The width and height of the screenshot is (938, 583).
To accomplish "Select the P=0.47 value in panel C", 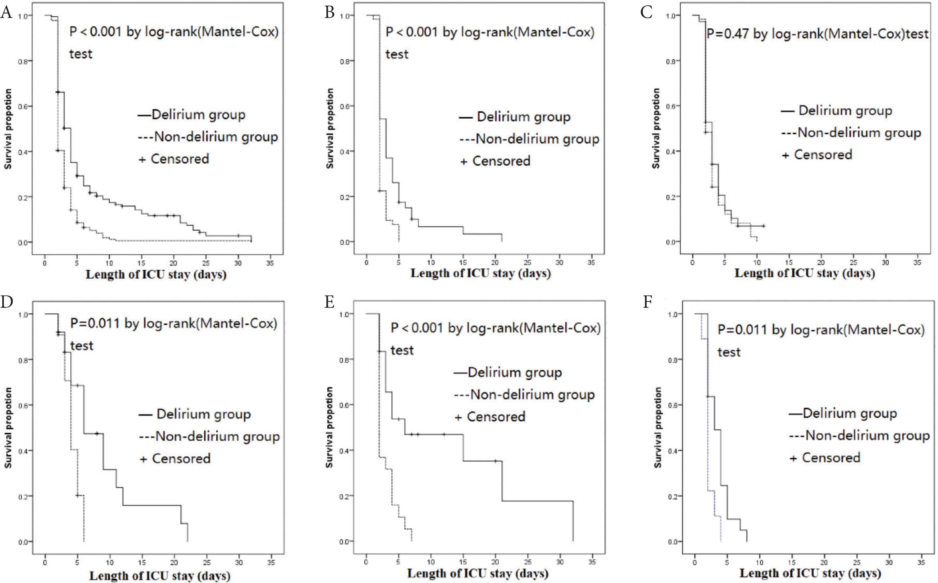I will (727, 34).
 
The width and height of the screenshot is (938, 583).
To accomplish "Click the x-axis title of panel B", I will (481, 273).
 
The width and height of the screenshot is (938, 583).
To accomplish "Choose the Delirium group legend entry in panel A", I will (192, 115).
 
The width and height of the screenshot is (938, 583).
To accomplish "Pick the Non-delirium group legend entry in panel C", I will (851, 133).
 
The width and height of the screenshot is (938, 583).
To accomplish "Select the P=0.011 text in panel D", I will (95, 323).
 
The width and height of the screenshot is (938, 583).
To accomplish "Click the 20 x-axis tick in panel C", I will (821, 263).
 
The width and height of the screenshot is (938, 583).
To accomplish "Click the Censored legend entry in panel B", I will (496, 161).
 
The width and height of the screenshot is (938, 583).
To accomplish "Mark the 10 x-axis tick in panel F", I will (759, 563).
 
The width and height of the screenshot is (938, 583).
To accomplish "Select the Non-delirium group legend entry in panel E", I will (525, 395).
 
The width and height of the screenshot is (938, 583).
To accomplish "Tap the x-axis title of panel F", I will (810, 573).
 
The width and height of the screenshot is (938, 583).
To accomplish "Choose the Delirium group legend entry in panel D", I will (195, 414).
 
